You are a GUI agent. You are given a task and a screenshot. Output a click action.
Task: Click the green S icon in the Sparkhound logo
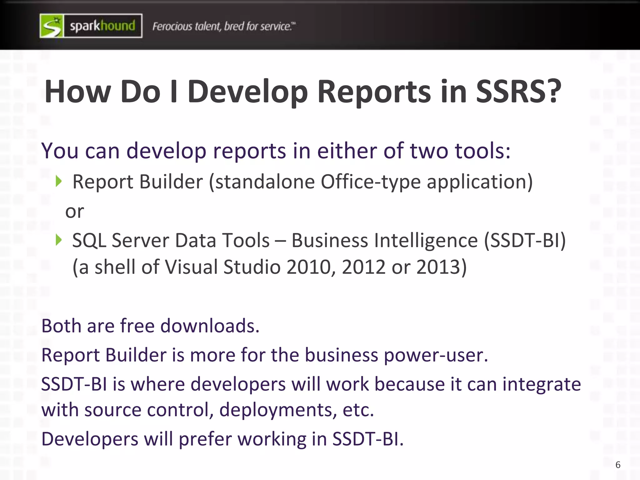click(x=52, y=26)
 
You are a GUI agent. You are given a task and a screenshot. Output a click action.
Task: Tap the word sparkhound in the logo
click(x=102, y=26)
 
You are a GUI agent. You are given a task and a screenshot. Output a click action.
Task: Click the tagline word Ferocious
click(x=172, y=27)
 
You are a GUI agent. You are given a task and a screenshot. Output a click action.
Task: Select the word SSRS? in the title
click(x=519, y=92)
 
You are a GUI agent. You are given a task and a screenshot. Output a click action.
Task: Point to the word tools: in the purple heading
click(x=482, y=151)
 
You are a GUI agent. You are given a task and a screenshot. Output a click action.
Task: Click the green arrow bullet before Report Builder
click(x=58, y=181)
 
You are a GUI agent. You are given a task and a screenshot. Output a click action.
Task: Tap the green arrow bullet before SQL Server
click(x=58, y=240)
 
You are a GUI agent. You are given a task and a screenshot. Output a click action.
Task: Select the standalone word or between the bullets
click(x=74, y=212)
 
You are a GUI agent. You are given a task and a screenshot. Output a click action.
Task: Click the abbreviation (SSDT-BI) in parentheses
click(x=525, y=241)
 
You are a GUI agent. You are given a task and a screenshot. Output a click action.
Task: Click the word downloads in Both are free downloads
click(x=210, y=326)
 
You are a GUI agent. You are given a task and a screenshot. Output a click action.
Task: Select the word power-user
click(x=436, y=356)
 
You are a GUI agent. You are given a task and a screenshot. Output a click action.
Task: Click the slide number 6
click(x=618, y=465)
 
